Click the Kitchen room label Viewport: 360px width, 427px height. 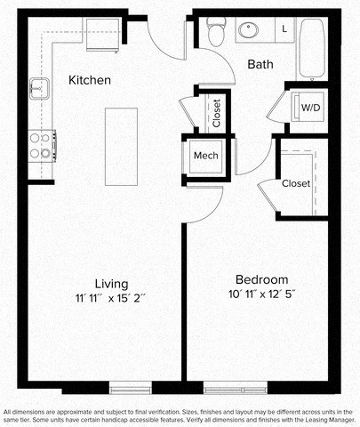point(89,80)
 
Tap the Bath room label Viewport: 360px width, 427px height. point(260,64)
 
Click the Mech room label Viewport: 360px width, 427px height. point(206,156)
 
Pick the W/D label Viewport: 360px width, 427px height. point(310,108)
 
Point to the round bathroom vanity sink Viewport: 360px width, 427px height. point(248,31)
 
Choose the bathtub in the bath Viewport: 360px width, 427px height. point(313,49)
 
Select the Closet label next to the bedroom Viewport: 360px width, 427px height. point(296,184)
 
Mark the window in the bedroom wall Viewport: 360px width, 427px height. point(235,387)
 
